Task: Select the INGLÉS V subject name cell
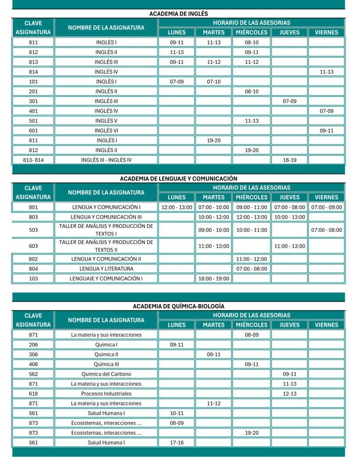(x=106, y=121)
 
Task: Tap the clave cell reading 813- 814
(x=33, y=160)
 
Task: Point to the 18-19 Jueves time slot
(x=289, y=160)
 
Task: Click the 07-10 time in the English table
(x=213, y=82)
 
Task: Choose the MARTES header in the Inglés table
(x=213, y=32)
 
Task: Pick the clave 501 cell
(x=33, y=121)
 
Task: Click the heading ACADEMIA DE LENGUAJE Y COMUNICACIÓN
(x=179, y=179)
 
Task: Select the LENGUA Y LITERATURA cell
(x=106, y=269)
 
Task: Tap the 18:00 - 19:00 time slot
(x=213, y=278)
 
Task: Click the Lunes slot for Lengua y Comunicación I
(x=176, y=207)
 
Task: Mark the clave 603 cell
(x=33, y=245)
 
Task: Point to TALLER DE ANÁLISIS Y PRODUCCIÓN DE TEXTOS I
(x=106, y=230)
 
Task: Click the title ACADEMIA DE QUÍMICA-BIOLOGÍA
(x=179, y=306)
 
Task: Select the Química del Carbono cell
(x=106, y=374)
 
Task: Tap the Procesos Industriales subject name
(x=106, y=393)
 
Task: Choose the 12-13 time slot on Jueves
(x=289, y=393)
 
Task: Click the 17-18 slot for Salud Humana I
(x=176, y=442)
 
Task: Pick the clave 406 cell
(x=33, y=364)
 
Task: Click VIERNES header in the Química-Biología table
(x=327, y=325)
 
